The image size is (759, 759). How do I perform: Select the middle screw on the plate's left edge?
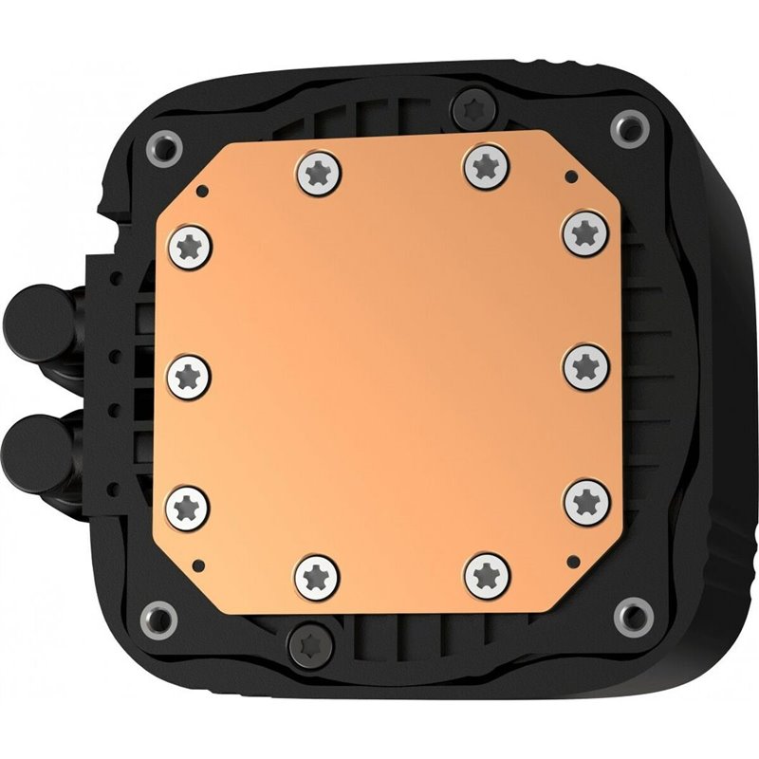(187, 375)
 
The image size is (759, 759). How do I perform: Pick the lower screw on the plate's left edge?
(187, 502)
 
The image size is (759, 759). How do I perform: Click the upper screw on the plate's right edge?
(583, 231)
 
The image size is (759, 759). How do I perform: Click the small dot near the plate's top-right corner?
(567, 177)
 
